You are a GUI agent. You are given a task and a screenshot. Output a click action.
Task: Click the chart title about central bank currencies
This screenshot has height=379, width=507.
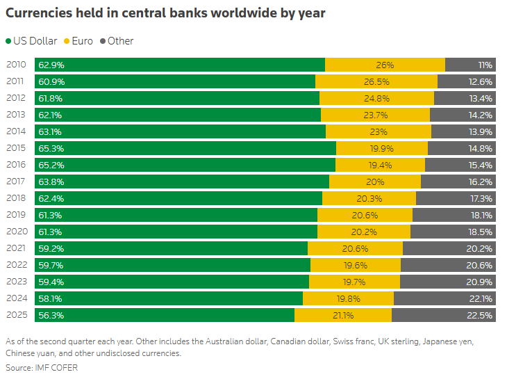(165, 13)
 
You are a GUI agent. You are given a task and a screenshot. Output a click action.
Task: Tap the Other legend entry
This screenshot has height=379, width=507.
(117, 41)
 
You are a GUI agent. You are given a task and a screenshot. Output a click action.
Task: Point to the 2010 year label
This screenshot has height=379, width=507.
(16, 65)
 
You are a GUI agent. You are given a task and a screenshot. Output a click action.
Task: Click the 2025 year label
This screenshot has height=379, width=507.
(16, 315)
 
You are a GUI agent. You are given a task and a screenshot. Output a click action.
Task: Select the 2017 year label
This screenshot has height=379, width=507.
(16, 182)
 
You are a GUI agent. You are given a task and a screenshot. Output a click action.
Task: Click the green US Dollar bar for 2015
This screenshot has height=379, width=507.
(201, 148)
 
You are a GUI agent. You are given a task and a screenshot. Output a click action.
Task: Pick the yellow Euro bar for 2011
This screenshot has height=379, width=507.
(376, 81)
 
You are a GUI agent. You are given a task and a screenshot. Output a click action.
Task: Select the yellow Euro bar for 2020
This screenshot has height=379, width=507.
(364, 232)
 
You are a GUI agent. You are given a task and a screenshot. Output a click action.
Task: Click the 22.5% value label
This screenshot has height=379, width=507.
(480, 315)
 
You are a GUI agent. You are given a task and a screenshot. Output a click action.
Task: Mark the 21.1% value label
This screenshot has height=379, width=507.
(343, 315)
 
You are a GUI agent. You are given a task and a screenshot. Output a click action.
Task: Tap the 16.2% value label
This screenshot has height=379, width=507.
(480, 182)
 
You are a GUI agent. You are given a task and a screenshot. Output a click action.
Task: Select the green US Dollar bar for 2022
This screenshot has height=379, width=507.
(188, 265)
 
